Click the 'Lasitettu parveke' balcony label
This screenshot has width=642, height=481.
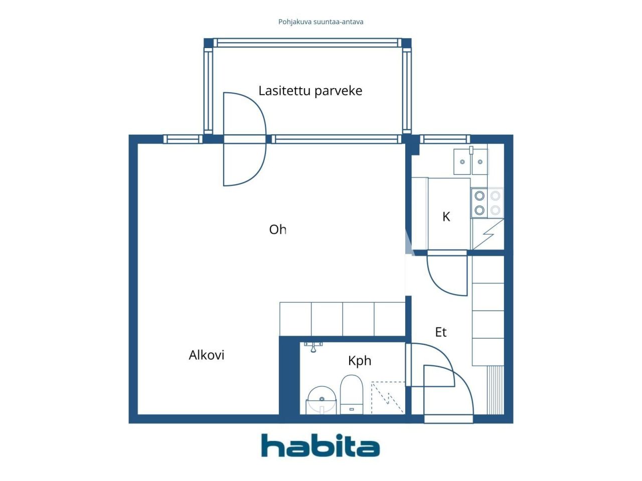[310, 91]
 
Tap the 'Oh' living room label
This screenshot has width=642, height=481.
[278, 229]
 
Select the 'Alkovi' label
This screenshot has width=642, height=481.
[206, 355]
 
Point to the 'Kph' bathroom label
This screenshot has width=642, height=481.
[360, 361]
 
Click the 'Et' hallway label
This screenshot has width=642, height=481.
[440, 332]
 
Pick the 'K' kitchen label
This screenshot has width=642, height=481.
[446, 217]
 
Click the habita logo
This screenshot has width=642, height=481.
[320, 445]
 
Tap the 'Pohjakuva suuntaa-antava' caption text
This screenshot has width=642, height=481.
[320, 22]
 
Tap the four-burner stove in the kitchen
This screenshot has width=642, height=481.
[487, 203]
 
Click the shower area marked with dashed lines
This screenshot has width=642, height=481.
[388, 397]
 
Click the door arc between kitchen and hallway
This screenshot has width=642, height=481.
[446, 276]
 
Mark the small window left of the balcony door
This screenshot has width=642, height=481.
[183, 139]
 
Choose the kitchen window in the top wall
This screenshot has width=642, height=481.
[444, 139]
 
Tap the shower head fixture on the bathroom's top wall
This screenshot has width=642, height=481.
[313, 346]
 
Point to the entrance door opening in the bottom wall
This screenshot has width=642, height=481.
[448, 419]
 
